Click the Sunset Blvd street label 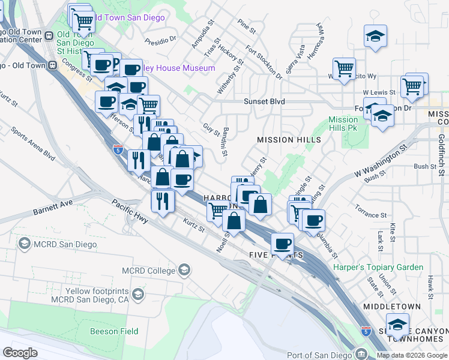[264, 102]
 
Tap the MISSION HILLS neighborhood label [289, 140]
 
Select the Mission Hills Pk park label [343, 124]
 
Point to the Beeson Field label [114, 331]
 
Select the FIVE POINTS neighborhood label [276, 256]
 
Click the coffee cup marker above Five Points [282, 243]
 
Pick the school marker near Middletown [397, 325]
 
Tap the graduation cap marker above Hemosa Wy [375, 35]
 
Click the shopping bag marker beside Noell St [235, 220]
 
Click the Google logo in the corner [20, 352]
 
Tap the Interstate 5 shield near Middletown [366, 331]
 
